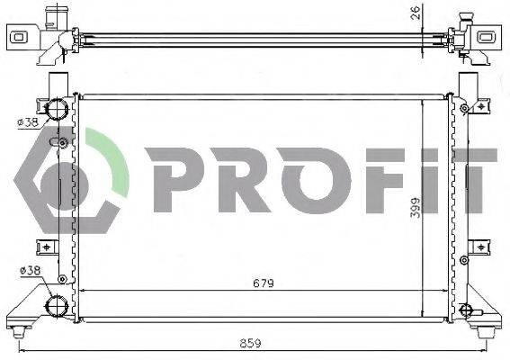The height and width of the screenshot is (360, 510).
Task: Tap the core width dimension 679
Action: click(x=264, y=283)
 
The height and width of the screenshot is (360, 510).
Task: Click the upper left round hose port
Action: click(x=58, y=111)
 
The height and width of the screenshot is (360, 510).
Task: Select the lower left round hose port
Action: click(x=58, y=306)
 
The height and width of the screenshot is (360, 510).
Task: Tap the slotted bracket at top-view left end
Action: click(x=19, y=37)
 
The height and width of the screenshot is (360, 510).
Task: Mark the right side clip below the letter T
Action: click(x=482, y=245)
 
